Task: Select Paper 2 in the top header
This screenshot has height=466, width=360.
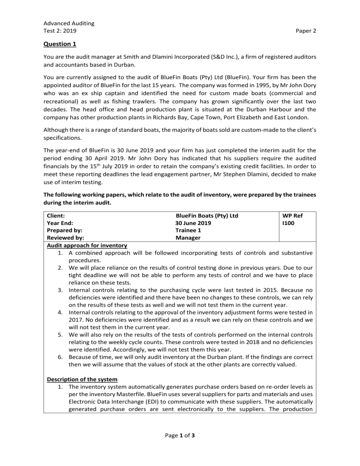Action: click(306, 31)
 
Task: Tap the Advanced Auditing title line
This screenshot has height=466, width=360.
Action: click(68, 23)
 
